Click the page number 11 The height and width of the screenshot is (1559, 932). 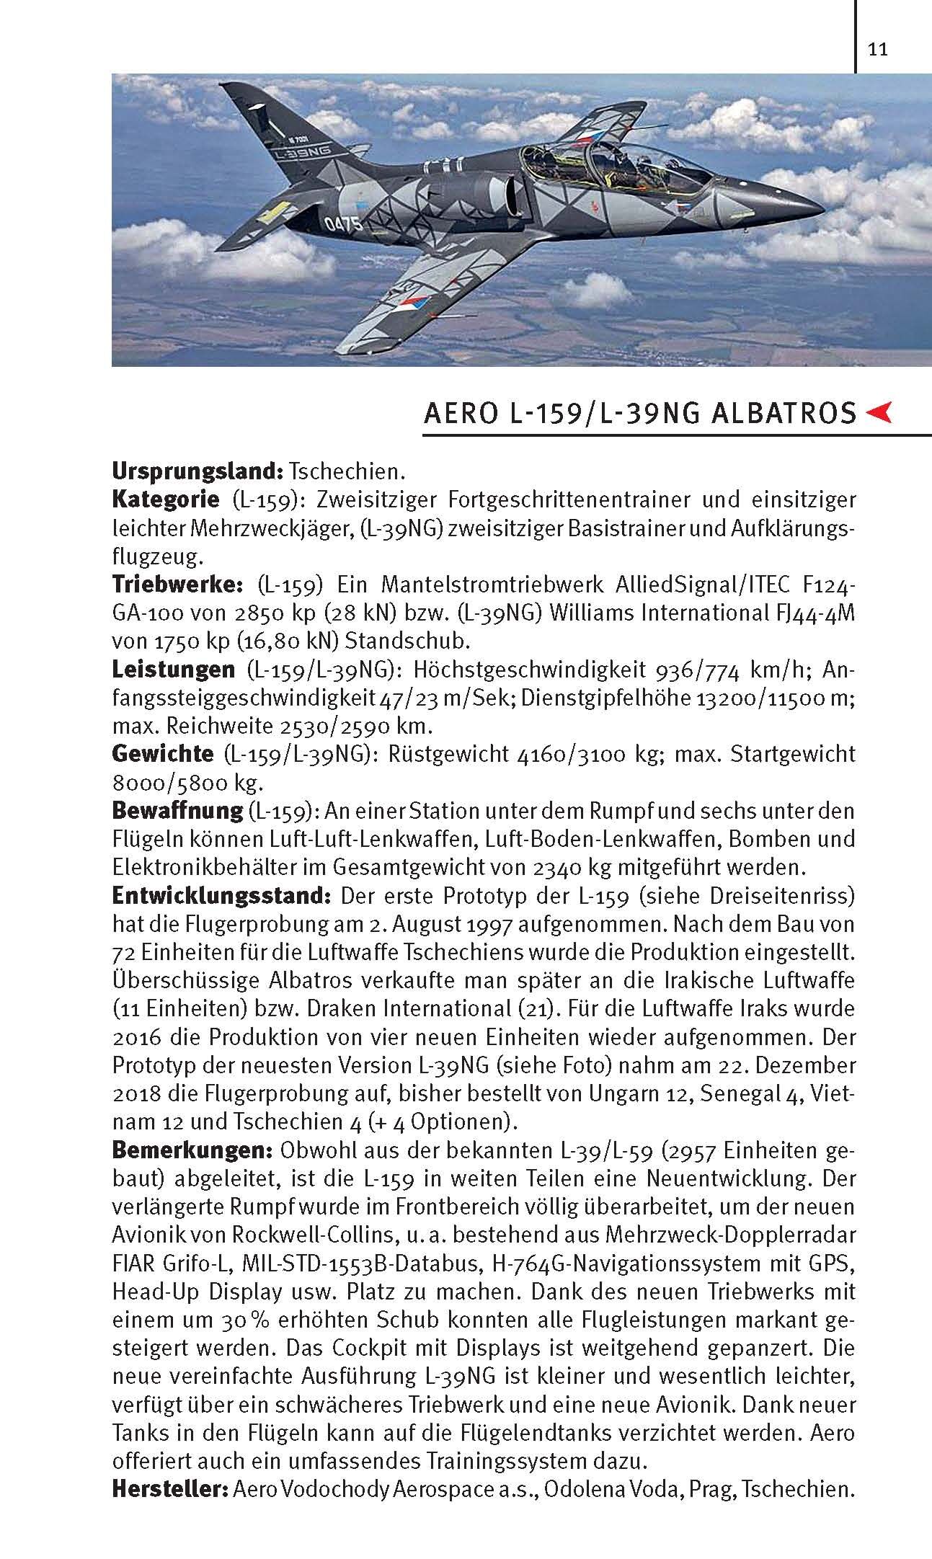click(x=877, y=50)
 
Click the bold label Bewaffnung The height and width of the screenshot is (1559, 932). click(x=177, y=810)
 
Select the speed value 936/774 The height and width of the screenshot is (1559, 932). click(x=696, y=670)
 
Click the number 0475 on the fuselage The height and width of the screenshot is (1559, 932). click(x=343, y=222)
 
